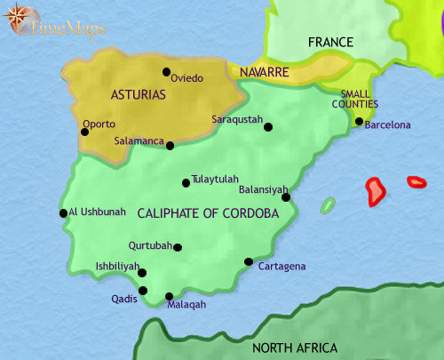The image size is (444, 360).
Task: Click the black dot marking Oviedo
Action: coord(166,72)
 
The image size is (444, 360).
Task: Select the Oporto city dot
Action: coord(84,132)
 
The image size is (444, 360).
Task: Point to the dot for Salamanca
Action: coord(170,145)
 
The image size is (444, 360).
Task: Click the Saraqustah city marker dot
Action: coord(268,127)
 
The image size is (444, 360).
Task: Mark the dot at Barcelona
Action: coord(359,122)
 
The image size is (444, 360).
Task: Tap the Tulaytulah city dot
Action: coord(186,183)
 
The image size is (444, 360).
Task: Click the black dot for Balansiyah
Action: coord(286,197)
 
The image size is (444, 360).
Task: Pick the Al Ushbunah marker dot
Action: coord(63,213)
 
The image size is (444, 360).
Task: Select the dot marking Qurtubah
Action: coord(178,248)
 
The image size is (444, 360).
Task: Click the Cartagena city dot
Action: coord(249,261)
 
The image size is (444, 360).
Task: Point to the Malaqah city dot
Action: coord(170,297)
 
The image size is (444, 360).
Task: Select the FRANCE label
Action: coord(329,42)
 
